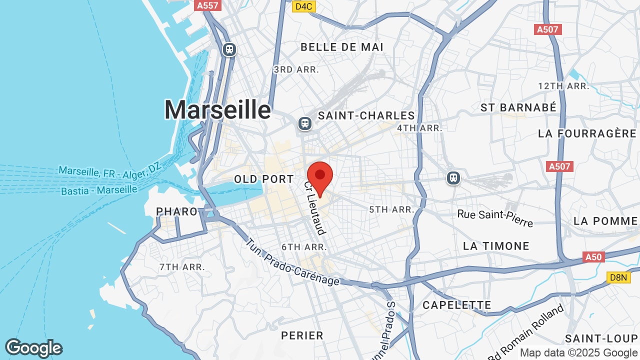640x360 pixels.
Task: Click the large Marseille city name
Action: point(217,109)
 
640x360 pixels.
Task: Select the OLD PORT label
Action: point(264,179)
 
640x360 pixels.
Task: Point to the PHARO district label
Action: point(177,211)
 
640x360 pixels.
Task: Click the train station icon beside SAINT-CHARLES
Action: point(304,123)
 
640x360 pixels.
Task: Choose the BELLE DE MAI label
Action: point(342,47)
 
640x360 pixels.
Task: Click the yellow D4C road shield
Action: point(303,6)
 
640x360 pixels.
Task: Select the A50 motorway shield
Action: point(593,257)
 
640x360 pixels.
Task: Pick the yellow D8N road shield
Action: point(618,277)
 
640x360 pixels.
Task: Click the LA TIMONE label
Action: point(496,246)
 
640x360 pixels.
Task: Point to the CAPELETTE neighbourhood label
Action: point(457,305)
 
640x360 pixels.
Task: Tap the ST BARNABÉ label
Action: point(518,107)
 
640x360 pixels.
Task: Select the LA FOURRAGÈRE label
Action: point(587,133)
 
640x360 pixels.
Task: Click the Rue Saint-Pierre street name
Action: point(495,217)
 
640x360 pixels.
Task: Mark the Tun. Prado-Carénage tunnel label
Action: point(292,262)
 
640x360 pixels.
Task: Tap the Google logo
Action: point(33,348)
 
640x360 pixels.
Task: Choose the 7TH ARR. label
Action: point(182,267)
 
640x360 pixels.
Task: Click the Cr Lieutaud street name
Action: point(315,207)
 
